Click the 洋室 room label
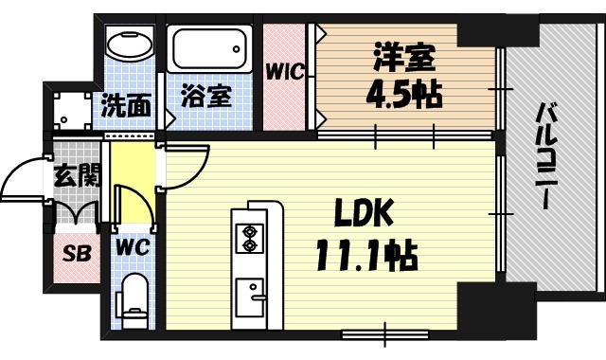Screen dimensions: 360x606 [404, 59]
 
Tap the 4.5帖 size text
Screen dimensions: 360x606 [404, 95]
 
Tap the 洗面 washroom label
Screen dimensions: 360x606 [127, 105]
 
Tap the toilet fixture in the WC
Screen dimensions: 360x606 [135, 300]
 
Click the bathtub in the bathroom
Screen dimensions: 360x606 [208, 46]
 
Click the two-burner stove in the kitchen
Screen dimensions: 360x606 [251, 237]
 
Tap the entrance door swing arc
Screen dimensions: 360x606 [24, 185]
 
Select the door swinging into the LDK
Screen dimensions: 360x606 [185, 171]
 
